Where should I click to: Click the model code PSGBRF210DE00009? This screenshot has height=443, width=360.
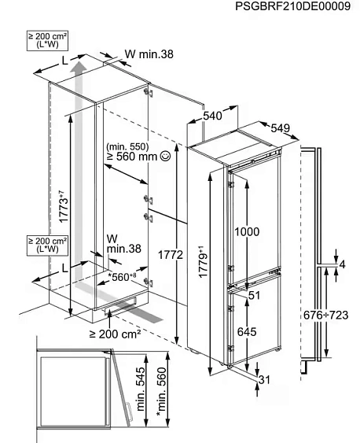click(x=292, y=6)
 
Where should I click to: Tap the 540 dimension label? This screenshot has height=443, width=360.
click(x=212, y=116)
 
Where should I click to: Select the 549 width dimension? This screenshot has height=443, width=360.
click(x=280, y=128)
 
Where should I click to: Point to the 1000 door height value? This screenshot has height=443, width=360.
click(x=247, y=231)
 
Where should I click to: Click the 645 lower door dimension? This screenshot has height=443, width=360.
click(x=247, y=332)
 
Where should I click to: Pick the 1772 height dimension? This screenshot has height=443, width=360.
click(x=171, y=255)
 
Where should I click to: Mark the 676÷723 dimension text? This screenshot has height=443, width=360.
click(x=326, y=315)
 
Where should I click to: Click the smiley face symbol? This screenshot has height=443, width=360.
click(x=165, y=156)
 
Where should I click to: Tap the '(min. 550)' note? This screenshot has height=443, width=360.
click(x=127, y=146)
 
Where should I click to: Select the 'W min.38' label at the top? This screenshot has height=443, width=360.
click(x=149, y=54)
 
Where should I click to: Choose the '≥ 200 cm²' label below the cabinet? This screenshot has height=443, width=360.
click(x=115, y=334)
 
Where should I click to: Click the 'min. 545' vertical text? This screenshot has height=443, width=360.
click(x=141, y=389)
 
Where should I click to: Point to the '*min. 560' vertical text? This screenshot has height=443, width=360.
click(x=162, y=392)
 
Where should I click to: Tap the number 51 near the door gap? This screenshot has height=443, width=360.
click(x=254, y=296)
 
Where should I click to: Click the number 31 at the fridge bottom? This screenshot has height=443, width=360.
click(x=264, y=380)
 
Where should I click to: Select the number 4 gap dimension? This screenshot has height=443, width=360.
click(x=343, y=264)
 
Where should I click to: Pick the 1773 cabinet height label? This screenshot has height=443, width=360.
click(x=64, y=207)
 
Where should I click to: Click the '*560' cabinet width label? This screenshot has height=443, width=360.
click(x=123, y=277)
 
